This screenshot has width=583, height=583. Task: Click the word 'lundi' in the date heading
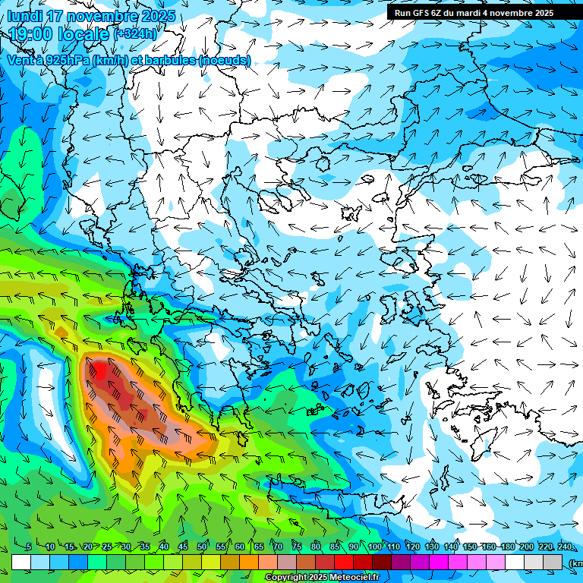25,16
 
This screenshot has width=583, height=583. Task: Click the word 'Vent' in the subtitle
20,59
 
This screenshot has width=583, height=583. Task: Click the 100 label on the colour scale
374,547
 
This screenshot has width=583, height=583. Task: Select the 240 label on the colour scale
565,547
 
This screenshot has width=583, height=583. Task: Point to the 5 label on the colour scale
29,547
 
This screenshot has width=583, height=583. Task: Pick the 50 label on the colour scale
202,547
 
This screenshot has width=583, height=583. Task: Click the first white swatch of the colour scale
21,562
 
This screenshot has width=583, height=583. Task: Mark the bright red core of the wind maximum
99,372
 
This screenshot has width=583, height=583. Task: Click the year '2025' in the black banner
538,12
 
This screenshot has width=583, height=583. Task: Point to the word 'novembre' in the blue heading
102,16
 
